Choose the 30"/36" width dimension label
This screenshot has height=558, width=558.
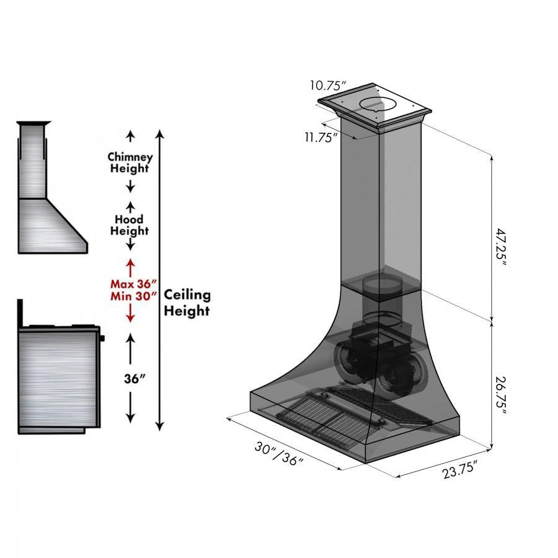click(x=278, y=456)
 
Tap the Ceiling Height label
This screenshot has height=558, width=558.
click(x=187, y=303)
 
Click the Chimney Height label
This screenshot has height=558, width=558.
click(x=130, y=162)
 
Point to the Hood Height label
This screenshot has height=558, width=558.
click(x=130, y=225)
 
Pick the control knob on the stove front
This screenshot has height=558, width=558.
click(x=103, y=338)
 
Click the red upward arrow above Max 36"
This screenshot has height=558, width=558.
click(x=130, y=267)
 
